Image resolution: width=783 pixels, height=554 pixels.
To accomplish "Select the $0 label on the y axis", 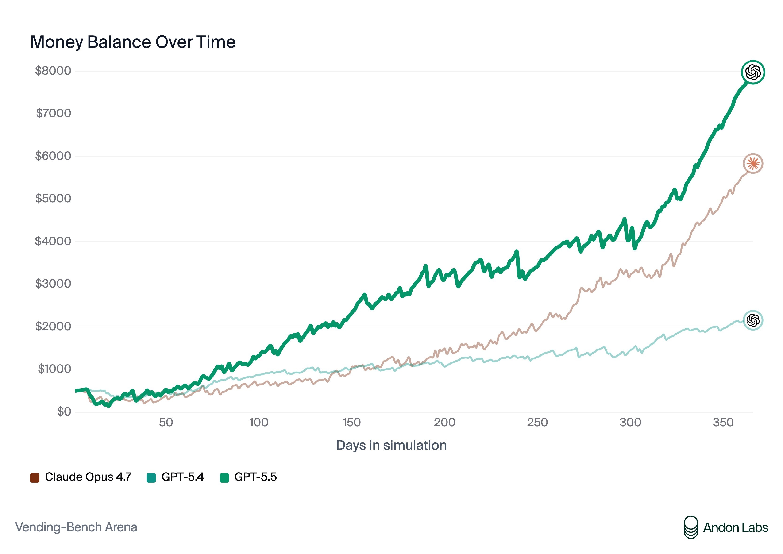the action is pyautogui.click(x=64, y=412).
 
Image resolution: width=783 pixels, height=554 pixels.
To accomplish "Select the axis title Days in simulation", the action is pyautogui.click(x=391, y=445).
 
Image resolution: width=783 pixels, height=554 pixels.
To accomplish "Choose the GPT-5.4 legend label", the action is pyautogui.click(x=183, y=477).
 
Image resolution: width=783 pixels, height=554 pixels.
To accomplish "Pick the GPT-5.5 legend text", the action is pyautogui.click(x=255, y=477).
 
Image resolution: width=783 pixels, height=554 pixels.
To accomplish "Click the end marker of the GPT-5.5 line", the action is pyautogui.click(x=753, y=72).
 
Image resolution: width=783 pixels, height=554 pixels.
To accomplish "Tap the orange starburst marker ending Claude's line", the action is pyautogui.click(x=753, y=164).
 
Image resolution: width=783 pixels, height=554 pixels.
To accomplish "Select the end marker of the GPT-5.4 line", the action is pyautogui.click(x=753, y=320).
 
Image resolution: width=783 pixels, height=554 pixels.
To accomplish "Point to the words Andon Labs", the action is pyautogui.click(x=736, y=528).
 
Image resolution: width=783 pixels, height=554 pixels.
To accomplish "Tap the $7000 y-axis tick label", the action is pyautogui.click(x=54, y=113).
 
